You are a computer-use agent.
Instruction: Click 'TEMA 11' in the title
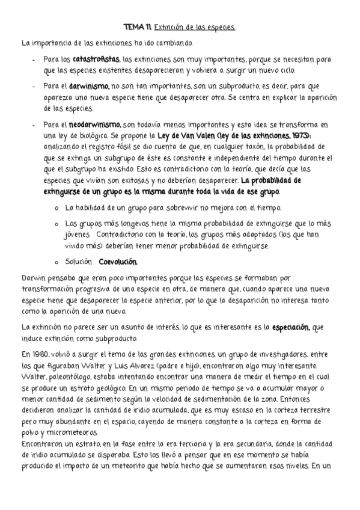tap(138, 28)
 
